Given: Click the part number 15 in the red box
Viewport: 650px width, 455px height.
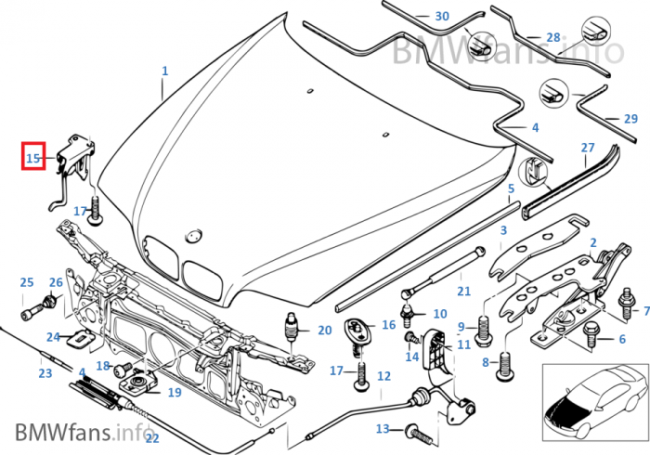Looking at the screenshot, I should point(34,158).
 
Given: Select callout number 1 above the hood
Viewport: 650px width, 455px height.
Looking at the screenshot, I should point(165,71).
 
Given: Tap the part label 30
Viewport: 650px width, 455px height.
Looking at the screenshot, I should point(441,17).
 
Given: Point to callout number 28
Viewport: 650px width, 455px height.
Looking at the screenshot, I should point(553,38).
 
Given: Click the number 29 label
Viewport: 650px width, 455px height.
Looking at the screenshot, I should point(630,119).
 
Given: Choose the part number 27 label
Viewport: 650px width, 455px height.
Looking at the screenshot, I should point(588,148).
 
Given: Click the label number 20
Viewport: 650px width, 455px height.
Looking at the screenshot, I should point(324,330).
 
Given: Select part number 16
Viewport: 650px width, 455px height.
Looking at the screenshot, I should point(388,325).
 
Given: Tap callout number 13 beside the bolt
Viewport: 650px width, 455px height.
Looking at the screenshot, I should point(383,429).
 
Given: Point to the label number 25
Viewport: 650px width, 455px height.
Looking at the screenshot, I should point(27,282).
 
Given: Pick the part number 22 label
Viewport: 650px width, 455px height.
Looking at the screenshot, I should point(152,438).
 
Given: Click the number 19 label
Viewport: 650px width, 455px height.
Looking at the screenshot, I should point(175,393).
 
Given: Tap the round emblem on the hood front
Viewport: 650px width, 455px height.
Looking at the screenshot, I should point(194,233).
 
